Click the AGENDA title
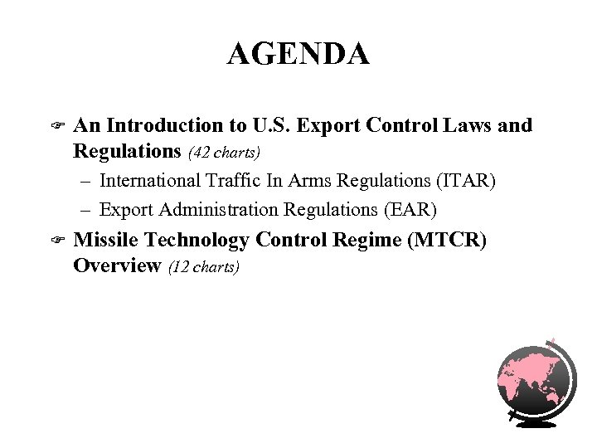pyautogui.click(x=298, y=55)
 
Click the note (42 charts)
pyautogui.click(x=226, y=153)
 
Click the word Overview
pyautogui.click(x=116, y=265)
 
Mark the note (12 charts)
pyautogui.click(x=204, y=267)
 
